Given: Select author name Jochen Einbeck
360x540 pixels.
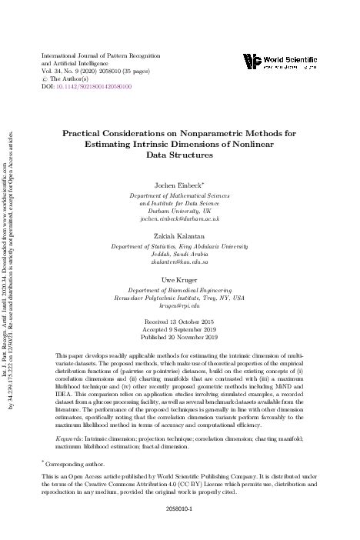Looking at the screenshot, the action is [x=189, y=186].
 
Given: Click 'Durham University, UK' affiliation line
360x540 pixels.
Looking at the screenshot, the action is [x=192, y=211].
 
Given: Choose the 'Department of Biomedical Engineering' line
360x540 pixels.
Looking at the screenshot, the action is [x=192, y=294].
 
